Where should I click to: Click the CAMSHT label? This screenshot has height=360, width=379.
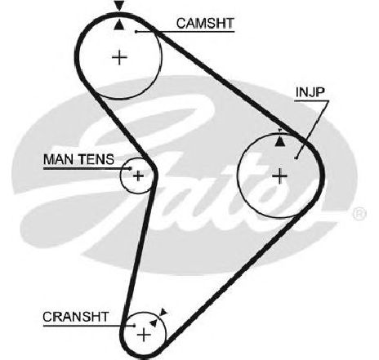pyautogui.click(x=205, y=23)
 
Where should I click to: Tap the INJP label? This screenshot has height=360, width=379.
pyautogui.click(x=310, y=93)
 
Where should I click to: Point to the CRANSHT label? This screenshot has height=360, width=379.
pyautogui.click(x=75, y=317)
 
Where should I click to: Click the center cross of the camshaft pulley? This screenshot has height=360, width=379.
pyautogui.click(x=119, y=57)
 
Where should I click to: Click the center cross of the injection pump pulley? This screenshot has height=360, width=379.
pyautogui.click(x=279, y=176)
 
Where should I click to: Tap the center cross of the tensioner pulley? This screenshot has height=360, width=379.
pyautogui.click(x=138, y=176)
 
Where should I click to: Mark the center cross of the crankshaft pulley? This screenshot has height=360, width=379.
pyautogui.click(x=144, y=335)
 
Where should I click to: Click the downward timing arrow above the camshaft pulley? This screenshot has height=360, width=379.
pyautogui.click(x=119, y=6)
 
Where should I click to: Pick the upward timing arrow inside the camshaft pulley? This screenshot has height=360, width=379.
pyautogui.click(x=118, y=25)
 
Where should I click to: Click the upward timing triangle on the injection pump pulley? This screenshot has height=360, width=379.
pyautogui.click(x=280, y=141)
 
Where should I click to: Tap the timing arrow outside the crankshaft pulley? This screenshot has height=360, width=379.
pyautogui.click(x=163, y=312)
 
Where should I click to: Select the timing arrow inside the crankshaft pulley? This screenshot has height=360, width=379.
pyautogui.click(x=154, y=322)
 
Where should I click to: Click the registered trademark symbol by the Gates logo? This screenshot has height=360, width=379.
pyautogui.click(x=359, y=214)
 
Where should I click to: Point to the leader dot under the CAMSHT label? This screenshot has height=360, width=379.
pyautogui.click(x=136, y=32)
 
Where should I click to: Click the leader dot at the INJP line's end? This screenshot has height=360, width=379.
pyautogui.click(x=297, y=158)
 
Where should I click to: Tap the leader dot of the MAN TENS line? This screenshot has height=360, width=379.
pyautogui.click(x=131, y=168)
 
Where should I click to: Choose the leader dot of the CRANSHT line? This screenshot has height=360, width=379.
pyautogui.click(x=134, y=325)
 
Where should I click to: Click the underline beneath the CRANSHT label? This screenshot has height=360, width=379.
pyautogui.click(x=89, y=326)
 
